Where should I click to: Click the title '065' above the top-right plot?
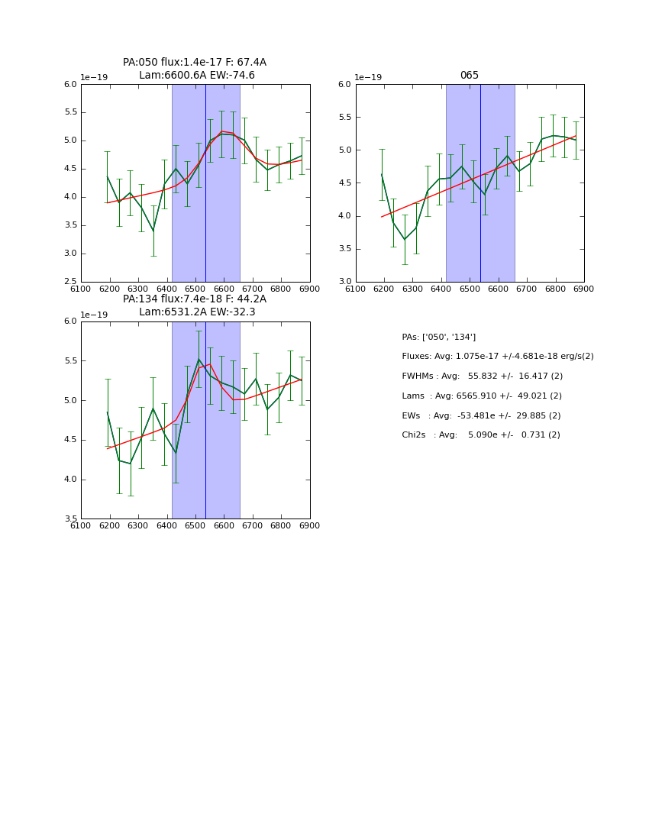coord(470,76)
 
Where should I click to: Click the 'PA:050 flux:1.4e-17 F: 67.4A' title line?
coord(195,63)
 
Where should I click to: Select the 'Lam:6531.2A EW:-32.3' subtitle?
coord(197,312)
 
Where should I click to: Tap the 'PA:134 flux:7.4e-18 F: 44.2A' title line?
coord(195,299)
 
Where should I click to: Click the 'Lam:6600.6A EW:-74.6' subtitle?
coord(197,76)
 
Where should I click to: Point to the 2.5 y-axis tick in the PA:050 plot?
coord(70,282)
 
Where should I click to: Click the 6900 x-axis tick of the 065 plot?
coord(584,289)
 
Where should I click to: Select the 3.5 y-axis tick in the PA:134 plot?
coord(70,519)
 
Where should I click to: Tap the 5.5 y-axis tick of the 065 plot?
coord(345,118)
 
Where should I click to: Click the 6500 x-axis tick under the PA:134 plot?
coord(195,525)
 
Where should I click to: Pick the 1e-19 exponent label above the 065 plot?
coord(368,77)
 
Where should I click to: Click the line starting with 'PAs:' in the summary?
coord(439,337)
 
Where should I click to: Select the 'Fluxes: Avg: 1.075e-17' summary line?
coord(498,357)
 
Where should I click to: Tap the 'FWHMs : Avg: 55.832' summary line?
coord(483,376)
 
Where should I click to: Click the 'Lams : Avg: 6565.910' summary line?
coord(482,396)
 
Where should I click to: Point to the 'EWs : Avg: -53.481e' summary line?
coord(481,415)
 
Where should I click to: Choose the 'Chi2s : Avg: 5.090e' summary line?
coord(481,435)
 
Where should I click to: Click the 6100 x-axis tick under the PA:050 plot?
coord(81,289)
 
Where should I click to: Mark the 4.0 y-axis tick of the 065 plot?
coord(345,216)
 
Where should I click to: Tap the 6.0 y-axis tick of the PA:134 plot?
coord(70,321)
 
